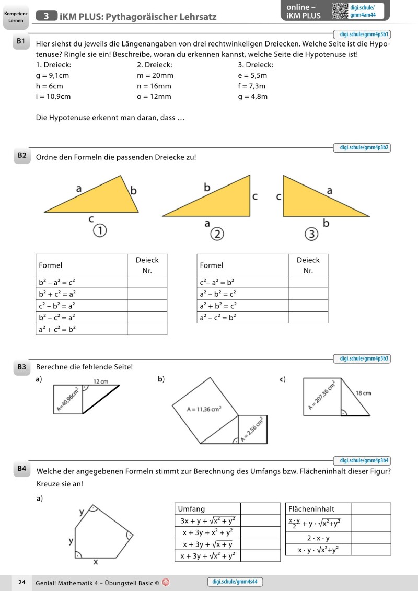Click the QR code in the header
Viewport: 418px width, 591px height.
[x=340, y=11]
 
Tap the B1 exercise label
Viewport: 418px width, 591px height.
[x=21, y=41]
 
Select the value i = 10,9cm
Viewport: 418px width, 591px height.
[x=53, y=97]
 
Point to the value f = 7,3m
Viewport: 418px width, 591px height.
[x=252, y=86]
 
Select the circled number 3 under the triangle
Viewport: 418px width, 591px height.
[x=311, y=234]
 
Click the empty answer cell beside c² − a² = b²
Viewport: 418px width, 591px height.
[x=308, y=282]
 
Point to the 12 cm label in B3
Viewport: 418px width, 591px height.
[x=100, y=381]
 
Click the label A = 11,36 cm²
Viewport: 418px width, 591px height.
[x=204, y=409]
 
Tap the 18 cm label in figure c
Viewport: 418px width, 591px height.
[x=363, y=392]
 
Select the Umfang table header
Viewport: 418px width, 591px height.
[x=192, y=509]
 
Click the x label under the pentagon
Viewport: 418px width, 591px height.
[x=95, y=562]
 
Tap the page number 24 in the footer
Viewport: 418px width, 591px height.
[x=21, y=582]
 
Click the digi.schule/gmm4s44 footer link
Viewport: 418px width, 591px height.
[x=235, y=582]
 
